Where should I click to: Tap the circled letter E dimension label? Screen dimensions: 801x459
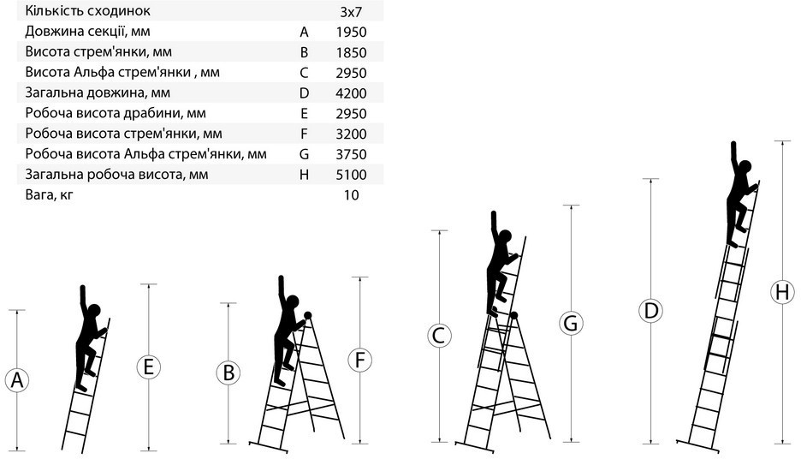[149, 367]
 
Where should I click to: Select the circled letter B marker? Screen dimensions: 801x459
[228, 373]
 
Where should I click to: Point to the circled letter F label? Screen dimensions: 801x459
[359, 360]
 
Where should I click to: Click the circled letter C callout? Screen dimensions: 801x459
[439, 336]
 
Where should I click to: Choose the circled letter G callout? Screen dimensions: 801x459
[571, 323]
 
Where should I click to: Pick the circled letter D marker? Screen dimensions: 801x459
[650, 311]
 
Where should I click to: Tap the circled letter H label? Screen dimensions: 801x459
[782, 292]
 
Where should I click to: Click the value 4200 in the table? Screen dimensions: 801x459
[352, 93]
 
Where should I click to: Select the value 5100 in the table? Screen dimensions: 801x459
[352, 175]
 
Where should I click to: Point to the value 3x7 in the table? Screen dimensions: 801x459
[351, 12]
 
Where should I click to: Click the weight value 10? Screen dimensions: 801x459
[352, 195]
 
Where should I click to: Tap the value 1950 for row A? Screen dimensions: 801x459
[352, 33]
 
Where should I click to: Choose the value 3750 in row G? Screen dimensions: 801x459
[352, 154]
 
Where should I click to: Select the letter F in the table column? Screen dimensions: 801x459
[304, 134]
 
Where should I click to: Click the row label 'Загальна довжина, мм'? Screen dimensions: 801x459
[98, 93]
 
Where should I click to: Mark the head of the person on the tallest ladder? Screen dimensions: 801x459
[745, 167]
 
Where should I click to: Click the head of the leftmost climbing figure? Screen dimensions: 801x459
[94, 310]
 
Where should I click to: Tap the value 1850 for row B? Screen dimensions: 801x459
[352, 52]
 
